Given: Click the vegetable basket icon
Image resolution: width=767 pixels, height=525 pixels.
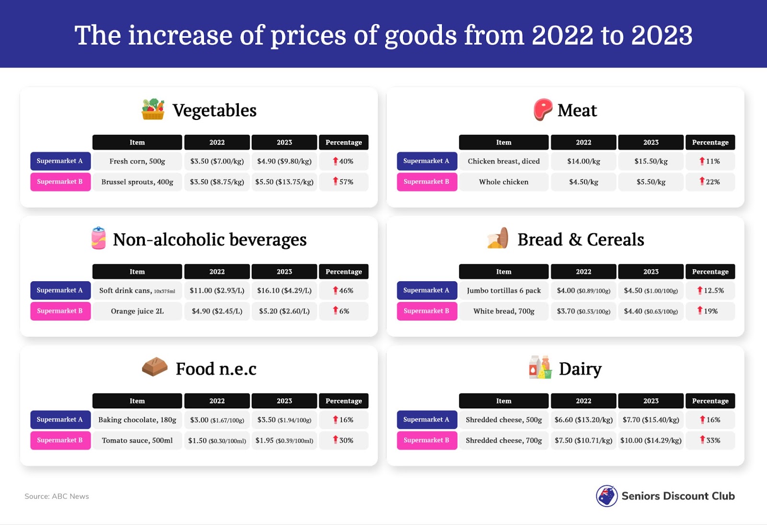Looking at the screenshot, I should click(153, 109).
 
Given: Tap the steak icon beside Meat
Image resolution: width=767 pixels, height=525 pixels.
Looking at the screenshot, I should click(543, 109).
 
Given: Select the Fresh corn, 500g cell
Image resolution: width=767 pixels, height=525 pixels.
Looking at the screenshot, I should click(137, 161).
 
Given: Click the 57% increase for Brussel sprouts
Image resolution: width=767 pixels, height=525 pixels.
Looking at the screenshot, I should click(344, 182).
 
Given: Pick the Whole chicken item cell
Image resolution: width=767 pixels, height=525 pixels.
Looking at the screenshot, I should click(503, 182).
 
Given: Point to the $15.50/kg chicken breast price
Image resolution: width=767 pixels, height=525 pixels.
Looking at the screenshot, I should click(651, 161).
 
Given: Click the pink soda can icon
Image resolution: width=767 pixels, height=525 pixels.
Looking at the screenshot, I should click(99, 238).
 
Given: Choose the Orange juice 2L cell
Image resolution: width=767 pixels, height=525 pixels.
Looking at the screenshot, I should click(137, 311).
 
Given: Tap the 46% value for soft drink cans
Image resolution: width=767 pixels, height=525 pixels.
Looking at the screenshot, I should click(344, 290).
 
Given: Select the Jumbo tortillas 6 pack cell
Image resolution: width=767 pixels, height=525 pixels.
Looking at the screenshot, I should click(503, 290).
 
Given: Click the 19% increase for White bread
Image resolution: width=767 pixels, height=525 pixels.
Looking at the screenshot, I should click(710, 311).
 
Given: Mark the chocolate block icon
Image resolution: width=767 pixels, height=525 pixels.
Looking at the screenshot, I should click(155, 367).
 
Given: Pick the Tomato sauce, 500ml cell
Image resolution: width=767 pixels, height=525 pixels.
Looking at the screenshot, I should click(137, 440).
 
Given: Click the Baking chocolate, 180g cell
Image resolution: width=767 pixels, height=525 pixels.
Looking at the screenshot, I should click(137, 419).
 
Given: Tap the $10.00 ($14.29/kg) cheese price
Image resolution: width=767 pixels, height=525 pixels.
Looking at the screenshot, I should click(651, 440).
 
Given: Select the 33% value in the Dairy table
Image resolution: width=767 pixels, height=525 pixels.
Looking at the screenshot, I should click(710, 440).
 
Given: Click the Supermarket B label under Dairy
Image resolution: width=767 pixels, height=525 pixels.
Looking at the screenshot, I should click(427, 440).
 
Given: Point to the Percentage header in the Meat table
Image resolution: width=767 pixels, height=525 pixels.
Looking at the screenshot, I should click(710, 143).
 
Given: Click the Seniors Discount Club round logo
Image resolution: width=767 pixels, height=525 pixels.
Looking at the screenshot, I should click(606, 496).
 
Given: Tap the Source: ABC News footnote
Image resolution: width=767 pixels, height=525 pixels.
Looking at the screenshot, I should click(57, 496).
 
